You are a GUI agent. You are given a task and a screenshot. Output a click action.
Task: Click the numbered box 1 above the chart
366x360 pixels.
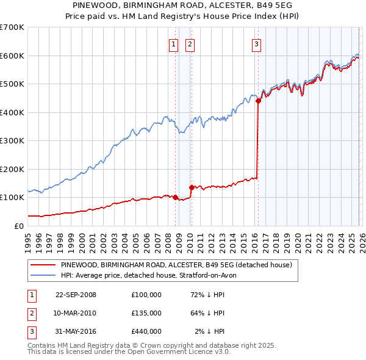[x=173, y=44]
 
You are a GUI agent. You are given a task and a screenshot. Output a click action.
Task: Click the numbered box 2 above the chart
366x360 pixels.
[x=190, y=44]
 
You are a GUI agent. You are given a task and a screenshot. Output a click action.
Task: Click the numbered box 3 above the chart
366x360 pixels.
[x=256, y=44]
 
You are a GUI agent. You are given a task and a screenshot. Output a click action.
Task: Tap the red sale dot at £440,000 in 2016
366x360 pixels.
[x=258, y=101]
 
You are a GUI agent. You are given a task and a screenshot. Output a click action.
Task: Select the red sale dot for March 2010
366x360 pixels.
[x=191, y=187]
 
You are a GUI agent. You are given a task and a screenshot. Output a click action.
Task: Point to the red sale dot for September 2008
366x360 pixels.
[x=175, y=197]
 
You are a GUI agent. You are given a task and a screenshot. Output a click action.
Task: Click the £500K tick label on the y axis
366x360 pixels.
[x=12, y=84]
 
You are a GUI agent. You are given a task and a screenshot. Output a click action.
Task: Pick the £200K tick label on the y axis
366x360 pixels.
[x=12, y=169]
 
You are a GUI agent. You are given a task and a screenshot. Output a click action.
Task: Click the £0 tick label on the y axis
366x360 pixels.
[x=18, y=226]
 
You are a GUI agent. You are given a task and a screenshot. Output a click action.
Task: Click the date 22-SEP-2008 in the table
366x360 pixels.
[x=76, y=295]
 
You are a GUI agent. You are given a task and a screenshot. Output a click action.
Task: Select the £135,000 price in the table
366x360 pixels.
[x=146, y=313]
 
